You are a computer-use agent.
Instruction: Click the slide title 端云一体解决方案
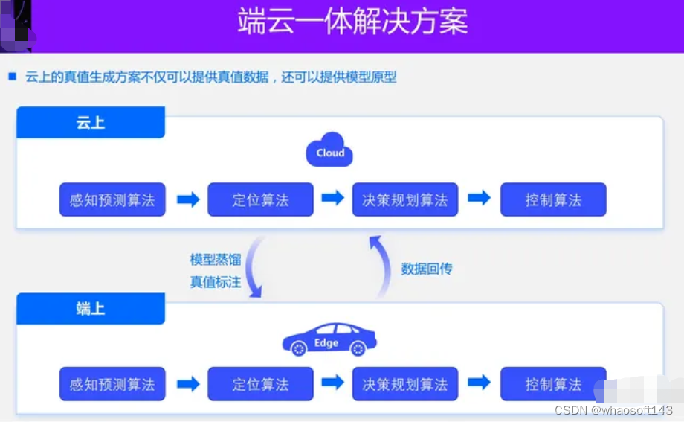tap(352, 22)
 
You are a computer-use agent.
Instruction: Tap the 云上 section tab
tap(91, 123)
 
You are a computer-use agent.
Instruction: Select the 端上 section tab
tap(91, 308)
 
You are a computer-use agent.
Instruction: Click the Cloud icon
tap(330, 151)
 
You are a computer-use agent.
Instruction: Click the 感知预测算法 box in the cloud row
tap(112, 199)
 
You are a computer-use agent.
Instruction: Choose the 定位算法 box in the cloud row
tap(260, 199)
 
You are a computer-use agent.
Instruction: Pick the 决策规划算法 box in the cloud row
tap(405, 199)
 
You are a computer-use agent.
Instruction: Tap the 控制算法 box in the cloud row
tap(553, 199)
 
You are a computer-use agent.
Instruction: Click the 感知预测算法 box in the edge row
tap(112, 384)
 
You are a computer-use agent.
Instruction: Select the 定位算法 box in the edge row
tap(260, 384)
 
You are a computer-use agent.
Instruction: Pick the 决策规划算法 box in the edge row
tap(405, 384)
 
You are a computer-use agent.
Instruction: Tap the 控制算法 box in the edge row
tap(553, 384)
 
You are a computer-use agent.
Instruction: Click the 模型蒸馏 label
tap(215, 260)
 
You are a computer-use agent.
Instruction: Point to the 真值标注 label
tap(215, 282)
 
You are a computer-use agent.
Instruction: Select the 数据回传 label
tap(427, 269)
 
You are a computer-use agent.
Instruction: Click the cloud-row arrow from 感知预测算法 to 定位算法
tap(188, 199)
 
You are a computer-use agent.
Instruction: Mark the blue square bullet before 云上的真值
tap(12, 76)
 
